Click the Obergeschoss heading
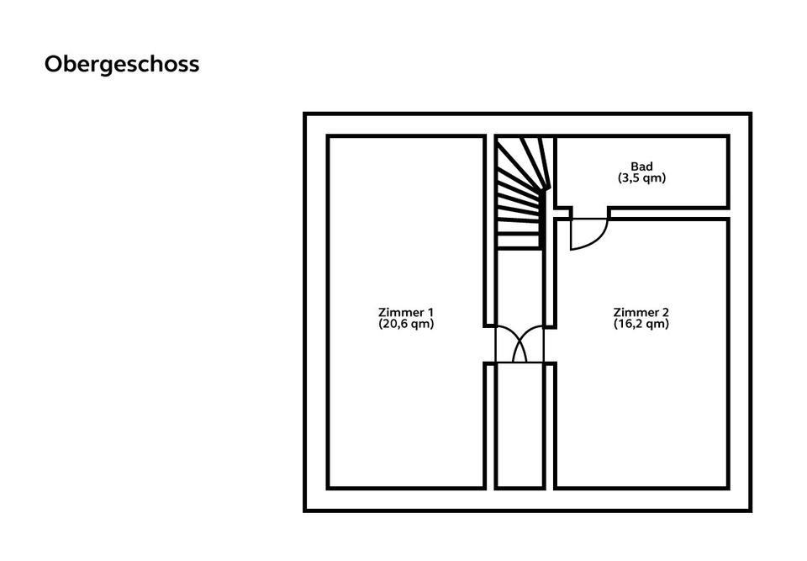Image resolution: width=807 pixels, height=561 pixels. tap(122, 65)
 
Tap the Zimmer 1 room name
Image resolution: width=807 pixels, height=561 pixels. tap(406, 312)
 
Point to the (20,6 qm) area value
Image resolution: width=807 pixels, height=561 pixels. tap(406, 324)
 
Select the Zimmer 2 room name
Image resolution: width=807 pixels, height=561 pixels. tap(641, 312)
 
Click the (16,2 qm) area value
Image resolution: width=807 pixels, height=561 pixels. tap(641, 324)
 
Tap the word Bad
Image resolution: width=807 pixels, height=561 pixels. tap(641, 167)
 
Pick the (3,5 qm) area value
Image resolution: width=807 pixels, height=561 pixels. tap(641, 178)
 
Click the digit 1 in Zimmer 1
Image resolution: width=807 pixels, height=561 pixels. tap(430, 312)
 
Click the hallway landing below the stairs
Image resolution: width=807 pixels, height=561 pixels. tap(519, 286)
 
